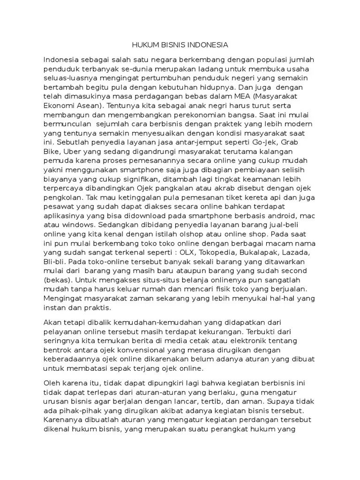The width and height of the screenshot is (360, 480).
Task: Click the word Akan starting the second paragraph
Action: point(52,323)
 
